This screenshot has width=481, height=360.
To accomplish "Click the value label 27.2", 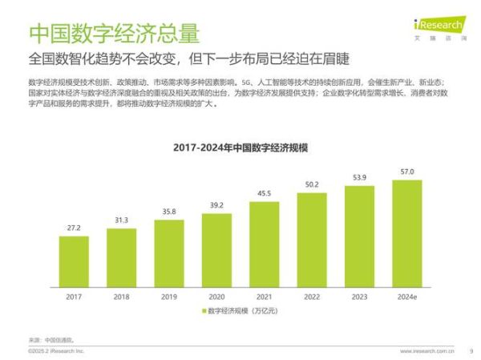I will point(73,229).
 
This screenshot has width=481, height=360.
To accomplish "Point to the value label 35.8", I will point(168,212).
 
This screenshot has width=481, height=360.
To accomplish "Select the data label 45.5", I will point(264,193).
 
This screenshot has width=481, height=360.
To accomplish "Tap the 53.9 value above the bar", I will point(359,177).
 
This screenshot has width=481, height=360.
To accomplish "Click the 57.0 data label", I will point(407,172).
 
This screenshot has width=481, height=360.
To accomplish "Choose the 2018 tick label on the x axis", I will point(121,297).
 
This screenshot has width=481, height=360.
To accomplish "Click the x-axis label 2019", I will point(168,297).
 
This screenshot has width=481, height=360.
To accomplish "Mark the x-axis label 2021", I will point(264,297).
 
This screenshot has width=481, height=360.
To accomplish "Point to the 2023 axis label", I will point(359,297).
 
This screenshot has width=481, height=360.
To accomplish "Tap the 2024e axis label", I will point(407,297).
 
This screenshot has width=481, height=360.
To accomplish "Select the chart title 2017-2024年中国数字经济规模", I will point(240,148).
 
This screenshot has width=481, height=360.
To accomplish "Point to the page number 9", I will point(471,351).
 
